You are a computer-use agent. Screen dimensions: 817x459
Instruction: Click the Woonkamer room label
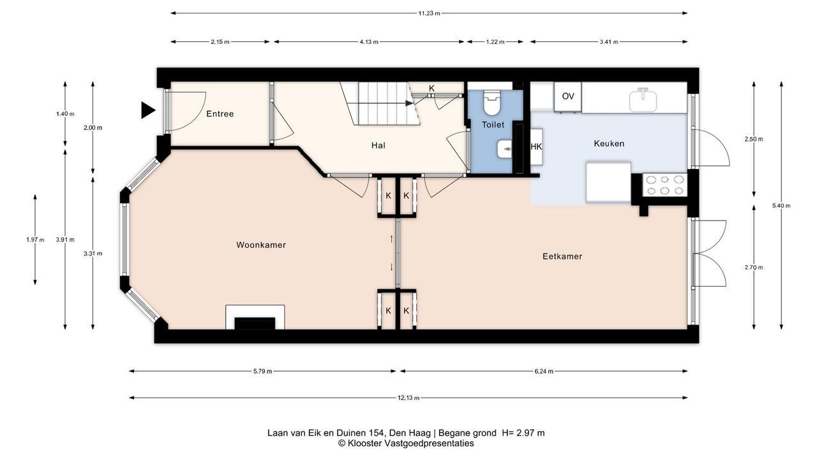point(261,245)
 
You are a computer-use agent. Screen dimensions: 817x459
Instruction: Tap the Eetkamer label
point(562,256)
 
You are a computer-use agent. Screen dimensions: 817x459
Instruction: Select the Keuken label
point(609,143)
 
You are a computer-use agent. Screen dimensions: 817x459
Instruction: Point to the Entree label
point(220,113)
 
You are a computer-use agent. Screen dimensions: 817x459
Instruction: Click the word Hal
point(379,145)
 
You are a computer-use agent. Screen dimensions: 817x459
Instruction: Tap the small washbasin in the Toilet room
point(504,149)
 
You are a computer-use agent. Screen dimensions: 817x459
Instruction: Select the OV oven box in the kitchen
point(568,96)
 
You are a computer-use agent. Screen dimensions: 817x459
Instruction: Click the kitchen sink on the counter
point(643,99)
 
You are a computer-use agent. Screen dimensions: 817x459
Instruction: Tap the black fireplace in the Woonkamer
point(255,323)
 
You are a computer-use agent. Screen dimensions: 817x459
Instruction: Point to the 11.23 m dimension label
point(429,13)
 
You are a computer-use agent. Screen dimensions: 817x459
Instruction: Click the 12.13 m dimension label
point(408,398)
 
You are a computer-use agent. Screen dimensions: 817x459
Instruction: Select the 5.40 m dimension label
point(781,206)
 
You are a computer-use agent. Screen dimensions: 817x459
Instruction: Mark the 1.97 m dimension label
point(35,240)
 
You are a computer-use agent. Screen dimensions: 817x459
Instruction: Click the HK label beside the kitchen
point(536,147)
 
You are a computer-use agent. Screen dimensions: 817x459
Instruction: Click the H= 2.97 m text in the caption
point(523,433)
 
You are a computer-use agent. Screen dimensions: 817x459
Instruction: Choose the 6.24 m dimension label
point(544,371)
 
